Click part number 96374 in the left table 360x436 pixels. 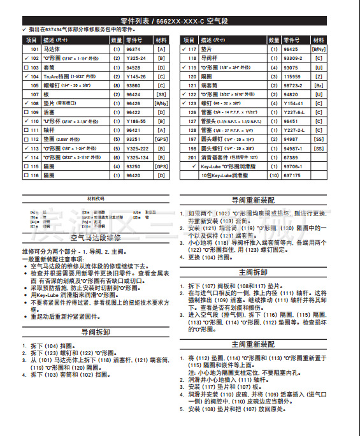[134, 48]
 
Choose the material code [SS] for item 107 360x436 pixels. [161, 93]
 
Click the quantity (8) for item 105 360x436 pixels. [117, 84]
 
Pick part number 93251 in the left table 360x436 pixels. [134, 138]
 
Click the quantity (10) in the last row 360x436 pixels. [274, 173]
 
